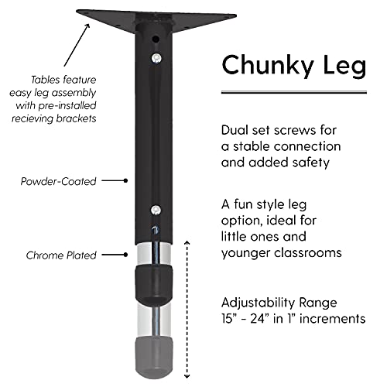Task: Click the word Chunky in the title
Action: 267,66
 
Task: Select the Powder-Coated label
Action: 58,181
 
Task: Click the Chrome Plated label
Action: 61,255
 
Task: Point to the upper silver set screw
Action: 156,58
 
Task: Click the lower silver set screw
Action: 156,210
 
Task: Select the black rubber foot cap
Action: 154,285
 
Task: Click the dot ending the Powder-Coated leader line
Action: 125,181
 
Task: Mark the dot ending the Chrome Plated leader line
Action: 125,255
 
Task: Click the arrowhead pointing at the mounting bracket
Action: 87,26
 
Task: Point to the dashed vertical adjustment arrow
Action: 187,310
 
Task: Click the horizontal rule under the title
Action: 294,92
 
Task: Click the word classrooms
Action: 308,253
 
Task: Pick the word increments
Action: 333,319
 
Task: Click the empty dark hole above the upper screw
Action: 156,39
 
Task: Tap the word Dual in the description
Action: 234,130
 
